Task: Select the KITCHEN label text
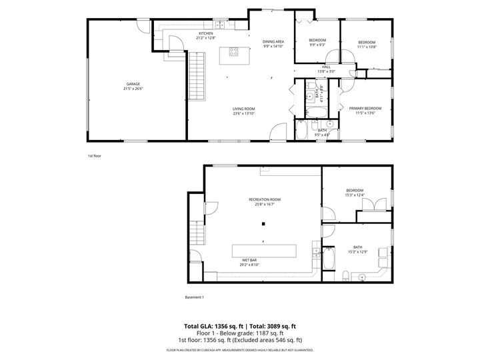coord(205,33)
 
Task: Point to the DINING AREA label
coord(273,42)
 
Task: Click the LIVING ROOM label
coord(243,109)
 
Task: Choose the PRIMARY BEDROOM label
coord(365,108)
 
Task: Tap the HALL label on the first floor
coord(326,67)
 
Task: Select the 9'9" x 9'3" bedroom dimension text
coord(317,45)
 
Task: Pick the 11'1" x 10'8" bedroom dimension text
coord(367,47)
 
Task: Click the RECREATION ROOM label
coord(264,199)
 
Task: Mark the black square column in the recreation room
coord(264,223)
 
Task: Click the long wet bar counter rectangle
coord(263,251)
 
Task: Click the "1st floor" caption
coord(94,155)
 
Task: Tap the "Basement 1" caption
coord(195,297)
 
